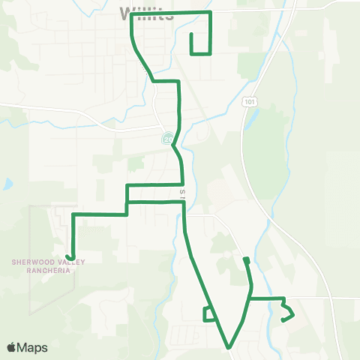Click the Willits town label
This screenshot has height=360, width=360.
146,13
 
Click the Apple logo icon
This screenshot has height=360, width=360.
12,347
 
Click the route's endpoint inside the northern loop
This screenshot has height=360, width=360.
192,34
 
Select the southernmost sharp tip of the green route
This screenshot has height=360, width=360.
229,347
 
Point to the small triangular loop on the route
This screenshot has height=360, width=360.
209,314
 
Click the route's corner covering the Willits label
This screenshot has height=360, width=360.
132,14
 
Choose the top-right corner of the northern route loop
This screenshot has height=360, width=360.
211,13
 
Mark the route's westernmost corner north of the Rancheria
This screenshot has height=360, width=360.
73,214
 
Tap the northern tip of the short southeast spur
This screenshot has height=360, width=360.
245,259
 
